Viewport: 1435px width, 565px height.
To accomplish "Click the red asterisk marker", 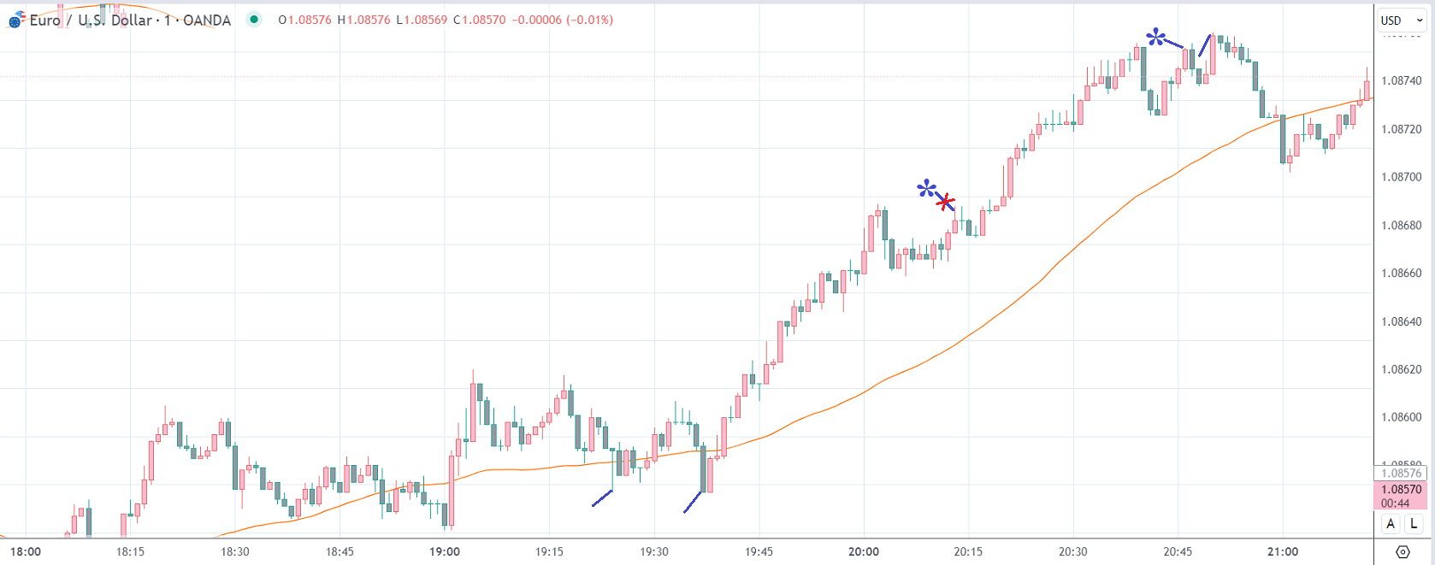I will (945, 203).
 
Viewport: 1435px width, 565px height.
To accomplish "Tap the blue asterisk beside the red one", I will (926, 188).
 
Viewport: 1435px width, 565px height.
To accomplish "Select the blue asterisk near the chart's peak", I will (1155, 37).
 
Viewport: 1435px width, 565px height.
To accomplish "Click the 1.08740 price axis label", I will (1401, 80).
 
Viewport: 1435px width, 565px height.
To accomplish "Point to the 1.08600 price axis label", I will (1401, 417).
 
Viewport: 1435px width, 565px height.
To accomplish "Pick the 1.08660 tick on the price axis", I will (1401, 274).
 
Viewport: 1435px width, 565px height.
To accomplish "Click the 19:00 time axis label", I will (445, 551).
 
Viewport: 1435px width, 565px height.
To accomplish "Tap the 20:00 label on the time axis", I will (864, 551).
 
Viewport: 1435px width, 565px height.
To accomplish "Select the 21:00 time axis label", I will (1283, 551).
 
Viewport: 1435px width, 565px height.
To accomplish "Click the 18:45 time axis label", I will (340, 551).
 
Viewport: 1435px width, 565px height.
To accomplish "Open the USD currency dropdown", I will (1401, 21).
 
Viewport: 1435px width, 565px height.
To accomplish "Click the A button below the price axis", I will (1391, 524).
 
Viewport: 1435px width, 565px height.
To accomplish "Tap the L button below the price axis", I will (1414, 524).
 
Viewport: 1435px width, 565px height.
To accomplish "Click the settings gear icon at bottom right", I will (1403, 551).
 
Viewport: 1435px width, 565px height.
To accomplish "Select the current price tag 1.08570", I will (1401, 490).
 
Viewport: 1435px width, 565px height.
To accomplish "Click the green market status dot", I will (254, 20).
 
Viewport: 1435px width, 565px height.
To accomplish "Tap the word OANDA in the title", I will (207, 21).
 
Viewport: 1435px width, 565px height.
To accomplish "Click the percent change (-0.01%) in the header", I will (589, 20).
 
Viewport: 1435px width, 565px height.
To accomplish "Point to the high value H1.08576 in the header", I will (363, 20).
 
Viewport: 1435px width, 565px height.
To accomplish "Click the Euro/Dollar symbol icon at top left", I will (16, 20).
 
